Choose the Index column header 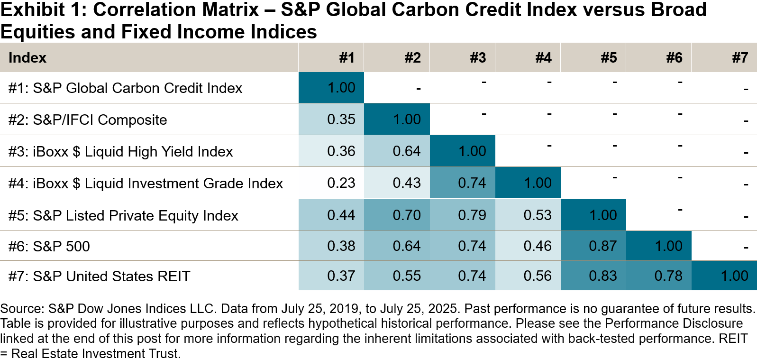(x=27, y=58)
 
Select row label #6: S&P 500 (x=49, y=246)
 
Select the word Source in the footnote (x=21, y=308)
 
